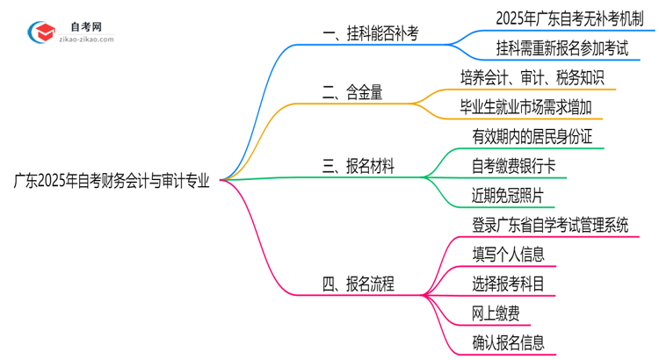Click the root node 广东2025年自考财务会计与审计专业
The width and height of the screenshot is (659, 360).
point(112,182)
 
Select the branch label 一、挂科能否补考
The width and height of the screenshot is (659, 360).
point(370,34)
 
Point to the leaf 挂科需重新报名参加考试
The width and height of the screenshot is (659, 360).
point(549,49)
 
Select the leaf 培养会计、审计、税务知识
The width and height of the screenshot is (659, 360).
point(532,78)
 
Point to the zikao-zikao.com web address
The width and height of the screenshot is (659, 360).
point(86,40)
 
